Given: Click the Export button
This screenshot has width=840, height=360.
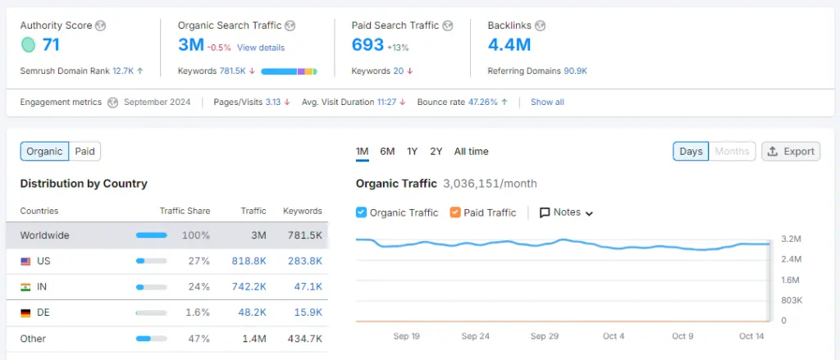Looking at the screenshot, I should click(792, 151).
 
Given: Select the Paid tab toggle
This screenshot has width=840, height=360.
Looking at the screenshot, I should click(84, 151).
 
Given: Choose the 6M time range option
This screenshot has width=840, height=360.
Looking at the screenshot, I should click(387, 151).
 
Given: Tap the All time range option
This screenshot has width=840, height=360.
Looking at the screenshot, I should click(471, 151).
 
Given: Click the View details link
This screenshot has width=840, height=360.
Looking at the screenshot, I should click(261, 48).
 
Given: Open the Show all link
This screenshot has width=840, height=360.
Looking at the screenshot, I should click(547, 103).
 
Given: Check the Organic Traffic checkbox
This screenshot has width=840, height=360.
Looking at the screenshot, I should click(361, 212).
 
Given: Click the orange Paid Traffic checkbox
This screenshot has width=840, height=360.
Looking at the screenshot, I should click(455, 212).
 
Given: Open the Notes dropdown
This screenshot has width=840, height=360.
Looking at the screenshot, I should click(566, 212).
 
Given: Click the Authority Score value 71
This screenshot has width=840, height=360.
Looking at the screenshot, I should click(51, 45).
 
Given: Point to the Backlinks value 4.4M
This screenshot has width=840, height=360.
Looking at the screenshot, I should click(509, 45).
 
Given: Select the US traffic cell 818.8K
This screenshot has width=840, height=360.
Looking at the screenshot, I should click(249, 261).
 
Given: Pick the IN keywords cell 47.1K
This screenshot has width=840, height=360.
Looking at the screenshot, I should click(307, 287).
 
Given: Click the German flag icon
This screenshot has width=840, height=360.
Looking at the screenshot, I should click(25, 313).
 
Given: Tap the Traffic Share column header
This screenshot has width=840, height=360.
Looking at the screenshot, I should click(185, 211).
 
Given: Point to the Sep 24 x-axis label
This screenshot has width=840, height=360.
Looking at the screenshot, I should click(475, 336).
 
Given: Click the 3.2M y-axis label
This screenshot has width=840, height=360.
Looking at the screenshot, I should click(791, 239).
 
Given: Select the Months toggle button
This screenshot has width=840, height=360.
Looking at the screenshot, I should click(732, 151).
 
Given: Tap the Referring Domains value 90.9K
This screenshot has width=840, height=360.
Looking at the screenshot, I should click(575, 71).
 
